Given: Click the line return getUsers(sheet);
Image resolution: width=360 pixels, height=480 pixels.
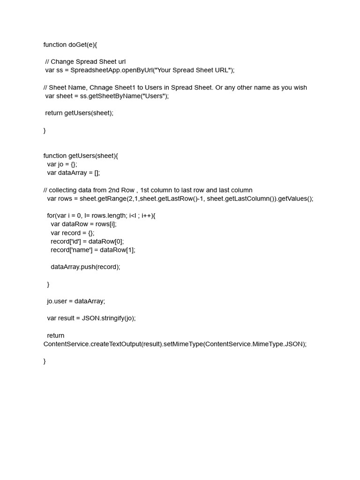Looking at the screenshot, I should tap(79, 113).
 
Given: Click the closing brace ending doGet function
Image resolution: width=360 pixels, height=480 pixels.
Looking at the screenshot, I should tap(45, 130).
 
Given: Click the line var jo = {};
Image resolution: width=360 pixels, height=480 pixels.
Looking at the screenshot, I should tap(62, 164).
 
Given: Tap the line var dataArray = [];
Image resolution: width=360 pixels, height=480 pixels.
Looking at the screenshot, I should tap(74, 172).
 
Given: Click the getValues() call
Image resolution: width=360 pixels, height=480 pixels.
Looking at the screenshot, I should tap(295, 198).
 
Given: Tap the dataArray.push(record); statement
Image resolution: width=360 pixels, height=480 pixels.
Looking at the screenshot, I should tap(85, 267).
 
